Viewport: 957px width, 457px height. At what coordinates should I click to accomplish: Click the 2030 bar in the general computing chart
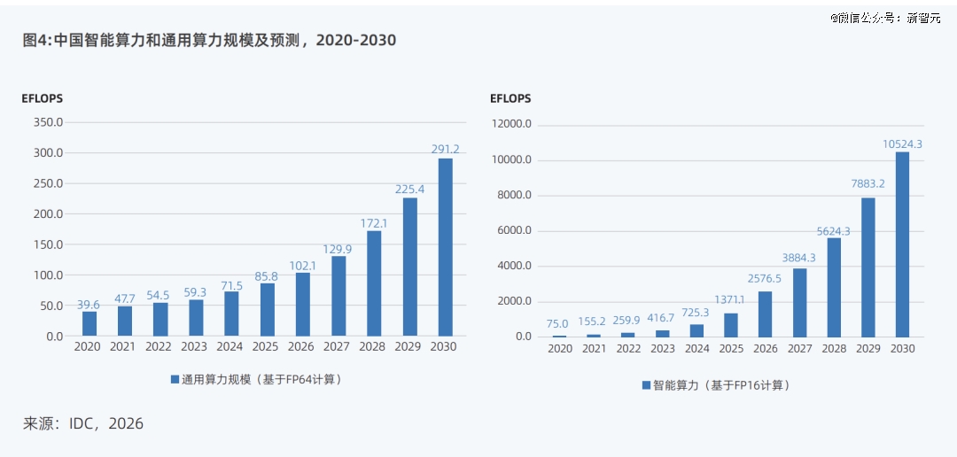click(446, 247)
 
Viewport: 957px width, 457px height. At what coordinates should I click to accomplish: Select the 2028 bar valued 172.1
click(374, 283)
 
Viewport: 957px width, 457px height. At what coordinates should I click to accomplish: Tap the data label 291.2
click(446, 148)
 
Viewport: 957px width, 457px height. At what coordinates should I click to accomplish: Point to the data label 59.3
click(195, 292)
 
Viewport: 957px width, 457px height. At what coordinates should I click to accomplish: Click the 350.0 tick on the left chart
click(49, 122)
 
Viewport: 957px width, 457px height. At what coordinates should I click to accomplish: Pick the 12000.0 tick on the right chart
click(511, 125)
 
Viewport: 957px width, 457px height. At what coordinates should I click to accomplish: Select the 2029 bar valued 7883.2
click(868, 267)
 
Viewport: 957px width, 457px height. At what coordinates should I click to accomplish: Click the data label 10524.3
click(902, 144)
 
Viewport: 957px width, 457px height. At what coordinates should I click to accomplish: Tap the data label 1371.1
click(730, 300)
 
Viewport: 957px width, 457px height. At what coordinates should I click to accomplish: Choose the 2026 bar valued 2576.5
click(765, 314)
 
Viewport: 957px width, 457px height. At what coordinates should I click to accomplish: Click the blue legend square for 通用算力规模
click(175, 380)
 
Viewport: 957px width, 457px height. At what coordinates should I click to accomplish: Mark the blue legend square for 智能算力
click(646, 385)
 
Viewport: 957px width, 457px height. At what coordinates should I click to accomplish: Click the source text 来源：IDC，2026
click(83, 423)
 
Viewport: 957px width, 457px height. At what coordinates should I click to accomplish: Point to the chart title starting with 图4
click(209, 40)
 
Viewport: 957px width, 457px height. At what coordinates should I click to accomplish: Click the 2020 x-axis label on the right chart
click(559, 348)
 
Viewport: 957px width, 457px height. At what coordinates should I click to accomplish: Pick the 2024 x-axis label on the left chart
click(230, 346)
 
